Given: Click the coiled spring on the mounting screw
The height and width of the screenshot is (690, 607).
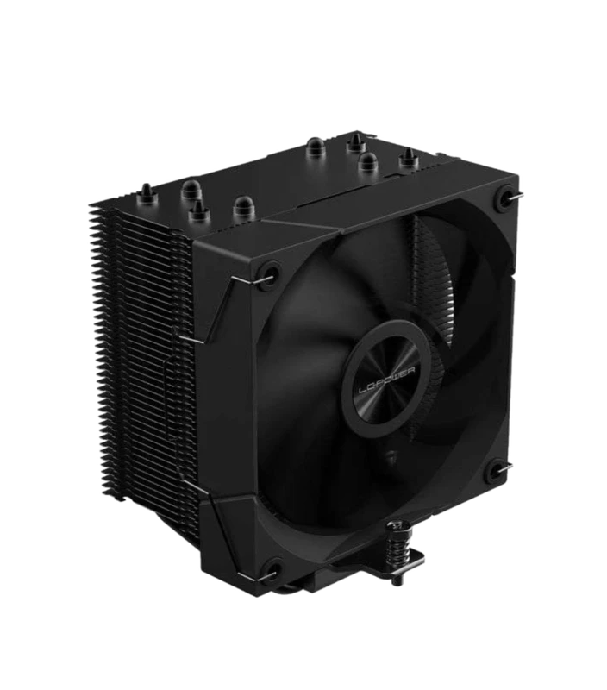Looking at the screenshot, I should [399, 553].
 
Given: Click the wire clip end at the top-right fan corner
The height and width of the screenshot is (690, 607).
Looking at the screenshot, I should [518, 198].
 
